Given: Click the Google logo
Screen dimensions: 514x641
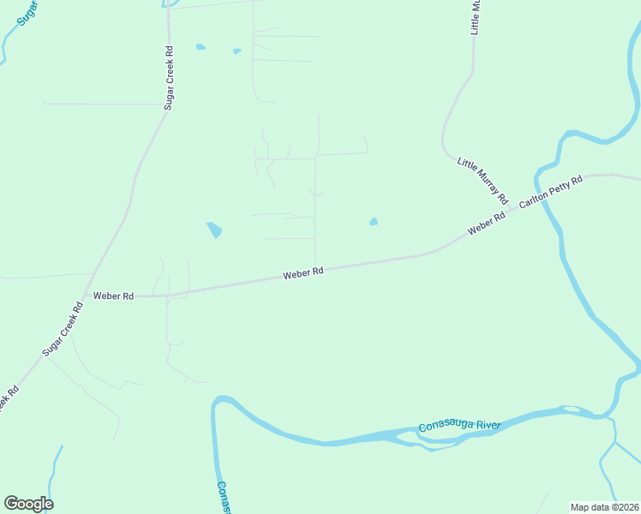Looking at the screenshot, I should [28, 504].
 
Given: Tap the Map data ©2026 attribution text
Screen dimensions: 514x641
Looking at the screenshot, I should [605, 506].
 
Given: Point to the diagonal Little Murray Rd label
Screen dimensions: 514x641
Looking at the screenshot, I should [483, 176].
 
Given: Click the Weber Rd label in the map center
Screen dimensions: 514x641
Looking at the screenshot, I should [303, 273].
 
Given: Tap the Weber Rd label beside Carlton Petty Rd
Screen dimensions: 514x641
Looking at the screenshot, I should [486, 224].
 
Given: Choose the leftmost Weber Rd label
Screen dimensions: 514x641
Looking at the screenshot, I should [113, 296].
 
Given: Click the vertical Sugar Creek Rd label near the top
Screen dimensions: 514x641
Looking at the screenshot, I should [169, 77].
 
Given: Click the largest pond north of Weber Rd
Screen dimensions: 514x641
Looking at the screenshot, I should [214, 230].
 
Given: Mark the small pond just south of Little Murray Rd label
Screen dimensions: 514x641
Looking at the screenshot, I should [373, 222].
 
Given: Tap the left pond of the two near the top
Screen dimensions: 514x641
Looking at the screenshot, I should [201, 47].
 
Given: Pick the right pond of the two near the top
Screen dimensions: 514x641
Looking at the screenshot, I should [237, 51].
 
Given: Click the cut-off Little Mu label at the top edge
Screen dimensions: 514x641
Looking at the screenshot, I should [476, 17].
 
